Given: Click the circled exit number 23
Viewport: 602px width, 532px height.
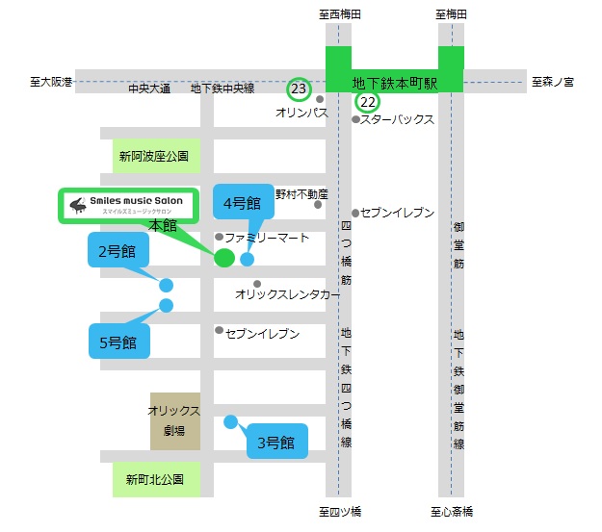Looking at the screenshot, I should pyautogui.click(x=299, y=89).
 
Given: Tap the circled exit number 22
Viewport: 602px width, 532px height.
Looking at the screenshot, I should pyautogui.click(x=367, y=101).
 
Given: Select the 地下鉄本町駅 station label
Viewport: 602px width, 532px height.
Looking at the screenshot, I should pyautogui.click(x=395, y=84).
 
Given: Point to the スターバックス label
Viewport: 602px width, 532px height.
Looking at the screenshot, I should pyautogui.click(x=397, y=120).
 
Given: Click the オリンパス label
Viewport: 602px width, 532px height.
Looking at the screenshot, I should pyautogui.click(x=301, y=113).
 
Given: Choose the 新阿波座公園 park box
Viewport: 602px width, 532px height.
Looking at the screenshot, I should pyautogui.click(x=155, y=155).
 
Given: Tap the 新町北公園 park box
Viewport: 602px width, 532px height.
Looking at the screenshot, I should pyautogui.click(x=155, y=478).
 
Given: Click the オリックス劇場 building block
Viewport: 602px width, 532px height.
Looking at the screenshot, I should pyautogui.click(x=174, y=420).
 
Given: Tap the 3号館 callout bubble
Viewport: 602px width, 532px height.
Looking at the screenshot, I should pyautogui.click(x=277, y=443).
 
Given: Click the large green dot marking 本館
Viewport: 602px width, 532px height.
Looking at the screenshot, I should pyautogui.click(x=223, y=258).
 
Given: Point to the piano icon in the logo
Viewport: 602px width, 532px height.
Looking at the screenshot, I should pyautogui.click(x=77, y=205).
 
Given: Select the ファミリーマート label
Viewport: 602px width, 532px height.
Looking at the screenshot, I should pyautogui.click(x=267, y=237).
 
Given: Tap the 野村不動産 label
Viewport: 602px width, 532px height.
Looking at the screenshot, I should pyautogui.click(x=301, y=194).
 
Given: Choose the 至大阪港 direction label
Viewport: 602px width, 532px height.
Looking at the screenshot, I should pyautogui.click(x=50, y=83).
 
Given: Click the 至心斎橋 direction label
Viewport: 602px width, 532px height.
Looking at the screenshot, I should pyautogui.click(x=451, y=512).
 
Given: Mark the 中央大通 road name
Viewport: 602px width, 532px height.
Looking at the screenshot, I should pyautogui.click(x=149, y=89).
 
